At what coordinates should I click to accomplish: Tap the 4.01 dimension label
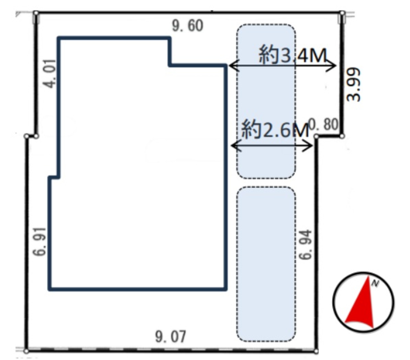click(x=50, y=73)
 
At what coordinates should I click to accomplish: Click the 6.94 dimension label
click(x=305, y=244)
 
